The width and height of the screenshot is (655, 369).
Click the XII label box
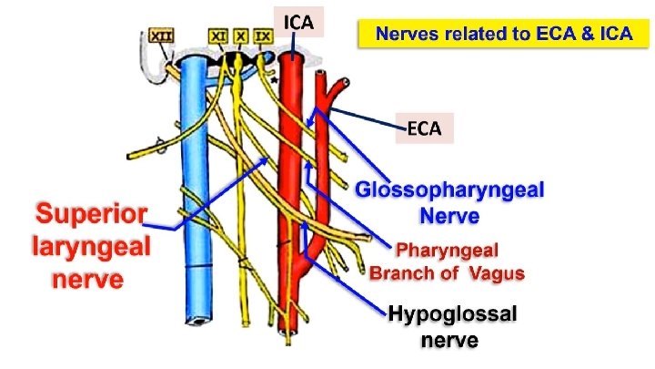161,36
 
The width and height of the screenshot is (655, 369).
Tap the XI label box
218,36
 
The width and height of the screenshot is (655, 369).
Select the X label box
240,36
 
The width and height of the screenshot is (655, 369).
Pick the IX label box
263,36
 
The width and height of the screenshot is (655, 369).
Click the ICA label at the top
298,22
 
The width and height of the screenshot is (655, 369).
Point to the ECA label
425,128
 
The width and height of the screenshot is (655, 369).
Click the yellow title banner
504,33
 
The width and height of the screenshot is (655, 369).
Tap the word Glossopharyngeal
450,190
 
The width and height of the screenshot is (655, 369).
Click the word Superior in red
92,213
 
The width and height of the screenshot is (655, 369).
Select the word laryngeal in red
92,246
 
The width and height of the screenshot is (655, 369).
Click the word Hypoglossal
452,314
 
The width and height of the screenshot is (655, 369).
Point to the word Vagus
497,273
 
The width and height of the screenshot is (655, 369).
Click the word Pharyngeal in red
447,251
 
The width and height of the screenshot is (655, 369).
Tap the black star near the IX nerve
274,80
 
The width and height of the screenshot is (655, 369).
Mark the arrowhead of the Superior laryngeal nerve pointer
265,160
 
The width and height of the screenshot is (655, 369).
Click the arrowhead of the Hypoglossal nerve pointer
305,225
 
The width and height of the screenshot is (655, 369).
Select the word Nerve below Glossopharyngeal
449,216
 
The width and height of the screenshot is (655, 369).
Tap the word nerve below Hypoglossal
449,341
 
